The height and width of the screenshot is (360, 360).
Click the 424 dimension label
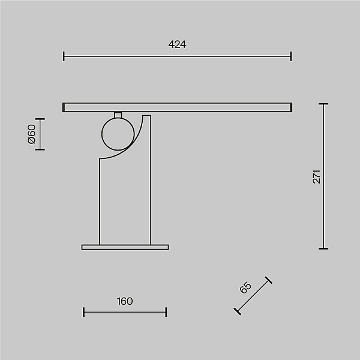pos(177,44)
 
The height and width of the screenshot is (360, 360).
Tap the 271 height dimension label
pos(316,176)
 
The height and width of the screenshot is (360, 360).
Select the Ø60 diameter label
pos(31,134)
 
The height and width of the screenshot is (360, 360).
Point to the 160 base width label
pos(125,301)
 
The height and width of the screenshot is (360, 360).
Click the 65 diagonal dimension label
pos(245,287)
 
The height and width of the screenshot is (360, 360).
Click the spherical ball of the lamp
pos(118,134)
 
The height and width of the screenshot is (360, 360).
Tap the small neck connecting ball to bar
pos(118,115)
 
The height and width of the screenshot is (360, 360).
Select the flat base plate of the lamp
pos(125,247)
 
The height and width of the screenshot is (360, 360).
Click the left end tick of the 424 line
pos(64,56)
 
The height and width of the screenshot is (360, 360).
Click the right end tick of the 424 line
pos(291,56)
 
